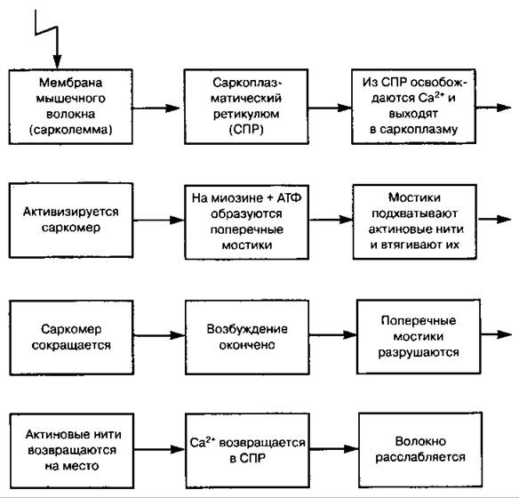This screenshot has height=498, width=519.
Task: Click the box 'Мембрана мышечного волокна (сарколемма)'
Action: click(x=71, y=107)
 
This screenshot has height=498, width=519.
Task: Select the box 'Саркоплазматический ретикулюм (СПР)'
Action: click(x=246, y=107)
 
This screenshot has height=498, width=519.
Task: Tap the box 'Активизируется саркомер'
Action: click(x=71, y=221)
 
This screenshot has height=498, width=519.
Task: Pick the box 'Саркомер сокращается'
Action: click(x=71, y=337)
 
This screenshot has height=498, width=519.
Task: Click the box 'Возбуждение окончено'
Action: click(x=247, y=337)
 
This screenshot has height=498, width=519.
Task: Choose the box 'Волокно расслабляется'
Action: click(x=420, y=450)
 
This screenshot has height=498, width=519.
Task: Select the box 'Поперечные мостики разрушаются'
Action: click(x=419, y=337)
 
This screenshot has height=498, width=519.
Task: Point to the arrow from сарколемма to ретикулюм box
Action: click(x=156, y=108)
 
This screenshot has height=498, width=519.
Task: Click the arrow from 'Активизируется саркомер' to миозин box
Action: click(x=159, y=221)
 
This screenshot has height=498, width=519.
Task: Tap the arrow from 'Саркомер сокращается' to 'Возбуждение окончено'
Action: click(x=160, y=335)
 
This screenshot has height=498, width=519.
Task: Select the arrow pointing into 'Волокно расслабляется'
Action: click(x=334, y=449)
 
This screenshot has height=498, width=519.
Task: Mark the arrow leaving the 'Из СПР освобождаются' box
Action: click(x=493, y=108)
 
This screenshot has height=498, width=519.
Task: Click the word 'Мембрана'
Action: click(x=71, y=83)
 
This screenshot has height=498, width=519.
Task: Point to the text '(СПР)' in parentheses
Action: click(x=246, y=130)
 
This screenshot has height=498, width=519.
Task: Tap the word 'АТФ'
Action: click(x=290, y=198)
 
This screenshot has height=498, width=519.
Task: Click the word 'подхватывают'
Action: click(x=415, y=213)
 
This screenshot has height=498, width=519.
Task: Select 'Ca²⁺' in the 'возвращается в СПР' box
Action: click(x=203, y=442)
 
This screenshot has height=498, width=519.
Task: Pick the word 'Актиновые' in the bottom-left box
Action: click(x=54, y=435)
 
